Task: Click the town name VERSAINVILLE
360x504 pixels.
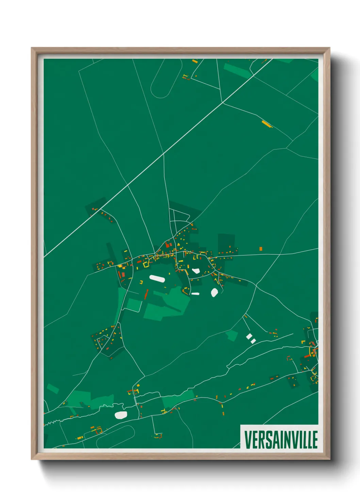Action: click(281, 440)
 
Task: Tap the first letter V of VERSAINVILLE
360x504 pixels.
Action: click(247, 440)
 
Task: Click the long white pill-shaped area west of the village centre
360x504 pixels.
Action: click(157, 279)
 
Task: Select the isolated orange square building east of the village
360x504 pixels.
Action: click(261, 249)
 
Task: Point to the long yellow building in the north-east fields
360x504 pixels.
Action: click(266, 124)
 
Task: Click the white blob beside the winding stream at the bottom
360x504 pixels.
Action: click(121, 415)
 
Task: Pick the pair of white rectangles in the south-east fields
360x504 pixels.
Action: click(251, 338)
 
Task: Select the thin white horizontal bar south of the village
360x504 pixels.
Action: click(195, 294)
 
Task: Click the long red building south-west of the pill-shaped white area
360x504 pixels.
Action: click(147, 294)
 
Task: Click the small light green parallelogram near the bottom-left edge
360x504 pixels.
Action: click(53, 389)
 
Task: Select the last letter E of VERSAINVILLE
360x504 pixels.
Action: click(315, 440)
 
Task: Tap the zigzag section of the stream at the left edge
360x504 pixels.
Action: click(51, 423)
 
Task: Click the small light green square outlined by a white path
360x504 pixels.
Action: click(134, 305)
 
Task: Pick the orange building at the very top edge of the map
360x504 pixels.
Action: click(195, 61)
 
